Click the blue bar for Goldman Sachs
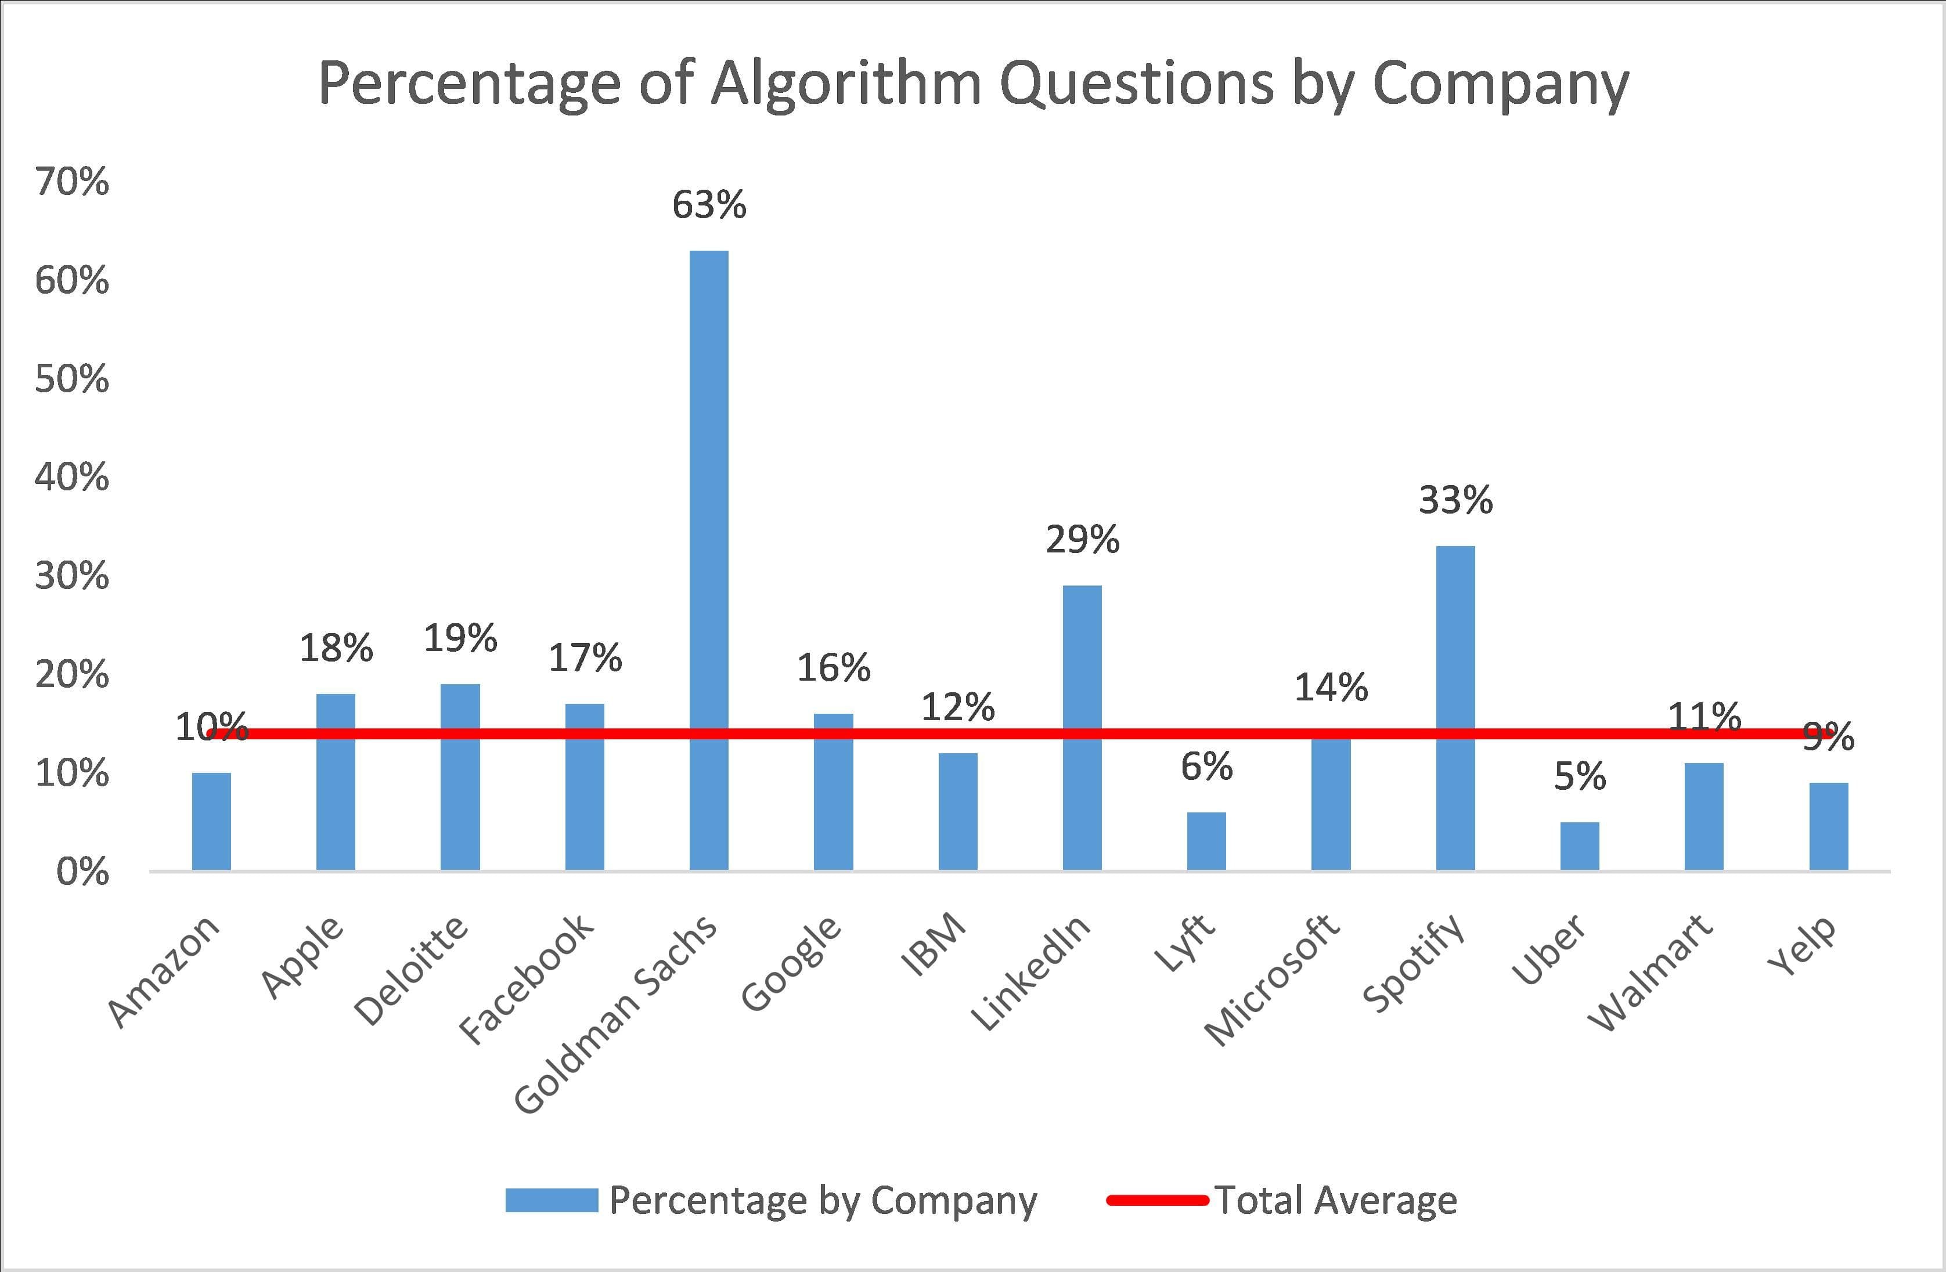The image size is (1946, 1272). (x=708, y=559)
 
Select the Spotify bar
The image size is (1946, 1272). (x=1455, y=707)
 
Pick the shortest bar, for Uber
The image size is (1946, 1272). (x=1579, y=845)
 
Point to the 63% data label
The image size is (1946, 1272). (x=708, y=205)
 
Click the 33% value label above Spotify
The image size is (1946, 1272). (x=1455, y=500)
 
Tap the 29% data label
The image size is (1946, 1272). (x=1082, y=540)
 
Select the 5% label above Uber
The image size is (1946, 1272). (x=1579, y=776)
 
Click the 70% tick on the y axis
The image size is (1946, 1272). (x=71, y=182)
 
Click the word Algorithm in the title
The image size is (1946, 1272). (x=847, y=84)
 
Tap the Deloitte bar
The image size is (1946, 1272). (x=460, y=776)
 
